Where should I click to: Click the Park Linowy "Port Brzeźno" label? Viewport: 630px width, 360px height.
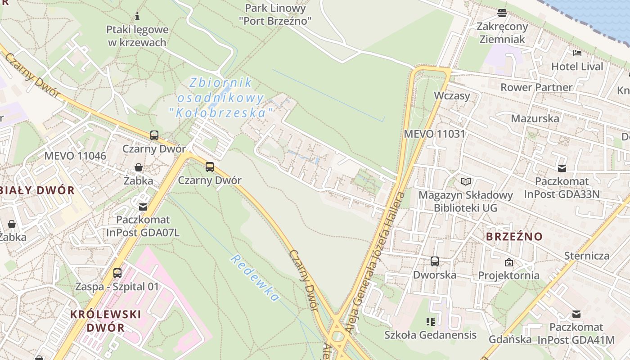[275, 14]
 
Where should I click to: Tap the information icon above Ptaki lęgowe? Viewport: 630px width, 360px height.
[137, 17]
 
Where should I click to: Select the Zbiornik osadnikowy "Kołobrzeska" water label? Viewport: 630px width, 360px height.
[220, 98]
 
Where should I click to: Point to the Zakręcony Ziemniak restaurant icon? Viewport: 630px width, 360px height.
[502, 13]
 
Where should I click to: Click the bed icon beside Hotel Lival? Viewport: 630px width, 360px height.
[577, 53]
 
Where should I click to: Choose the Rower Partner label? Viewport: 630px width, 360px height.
[536, 87]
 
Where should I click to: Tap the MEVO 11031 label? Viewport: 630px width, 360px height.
[434, 134]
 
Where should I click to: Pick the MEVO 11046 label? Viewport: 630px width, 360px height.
[75, 156]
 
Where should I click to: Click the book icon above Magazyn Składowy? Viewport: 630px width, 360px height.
[466, 181]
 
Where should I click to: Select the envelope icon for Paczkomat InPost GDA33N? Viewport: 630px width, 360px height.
[562, 168]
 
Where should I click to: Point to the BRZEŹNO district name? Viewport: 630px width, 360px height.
[514, 236]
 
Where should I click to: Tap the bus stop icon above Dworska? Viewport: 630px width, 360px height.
[435, 261]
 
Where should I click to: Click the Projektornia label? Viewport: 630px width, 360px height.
[508, 275]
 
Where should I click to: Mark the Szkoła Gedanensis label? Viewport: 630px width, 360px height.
[430, 335]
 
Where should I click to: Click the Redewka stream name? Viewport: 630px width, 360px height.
[255, 278]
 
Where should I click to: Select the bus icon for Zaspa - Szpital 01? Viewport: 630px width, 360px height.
[117, 273]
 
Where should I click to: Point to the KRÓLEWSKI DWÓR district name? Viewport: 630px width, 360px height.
[105, 320]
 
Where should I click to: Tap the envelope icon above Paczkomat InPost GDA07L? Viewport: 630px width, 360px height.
[143, 207]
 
